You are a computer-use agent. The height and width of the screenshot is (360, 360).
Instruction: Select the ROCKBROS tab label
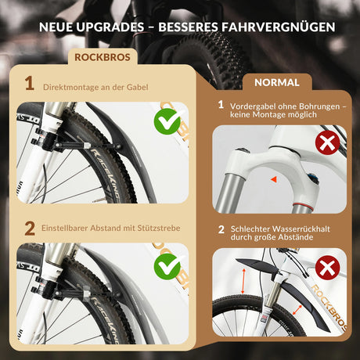coord(103,57)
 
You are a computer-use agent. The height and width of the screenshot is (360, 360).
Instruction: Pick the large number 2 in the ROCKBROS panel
coord(29,229)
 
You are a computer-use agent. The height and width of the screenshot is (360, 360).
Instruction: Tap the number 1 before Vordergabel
coord(221,104)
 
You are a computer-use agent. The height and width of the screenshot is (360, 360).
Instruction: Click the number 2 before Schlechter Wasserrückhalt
coord(221,229)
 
